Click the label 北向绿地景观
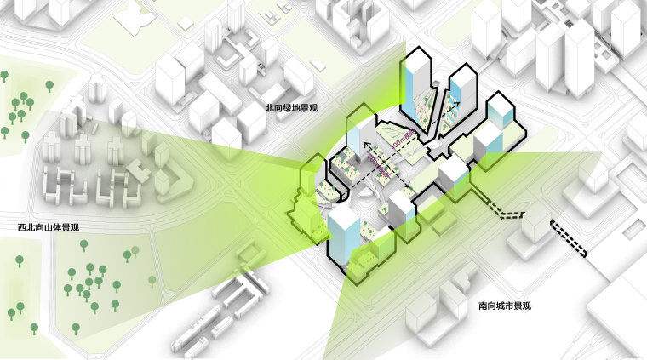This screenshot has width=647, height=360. [x=291, y=109]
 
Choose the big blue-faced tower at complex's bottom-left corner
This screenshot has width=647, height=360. [x=346, y=231]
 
